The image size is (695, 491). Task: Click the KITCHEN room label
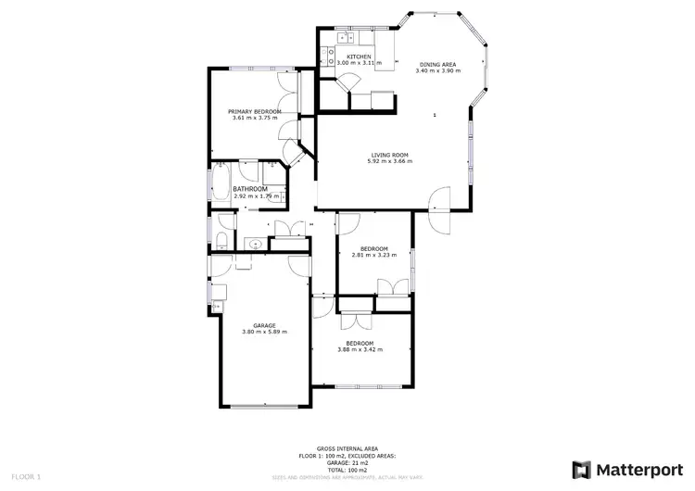tap(360, 57)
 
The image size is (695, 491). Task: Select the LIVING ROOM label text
tap(390, 155)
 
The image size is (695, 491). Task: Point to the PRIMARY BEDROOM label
tap(255, 111)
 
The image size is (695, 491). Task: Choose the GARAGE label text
tap(265, 324)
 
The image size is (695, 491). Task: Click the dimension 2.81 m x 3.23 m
tap(373, 256)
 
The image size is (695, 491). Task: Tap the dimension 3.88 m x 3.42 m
tap(360, 349)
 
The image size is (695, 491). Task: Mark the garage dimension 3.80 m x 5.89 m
tap(265, 332)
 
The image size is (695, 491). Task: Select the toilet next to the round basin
tap(223, 241)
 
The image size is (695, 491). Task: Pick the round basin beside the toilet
tap(255, 245)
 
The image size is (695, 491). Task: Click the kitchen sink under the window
tap(345, 38)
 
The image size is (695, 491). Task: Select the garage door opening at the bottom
tap(265, 407)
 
